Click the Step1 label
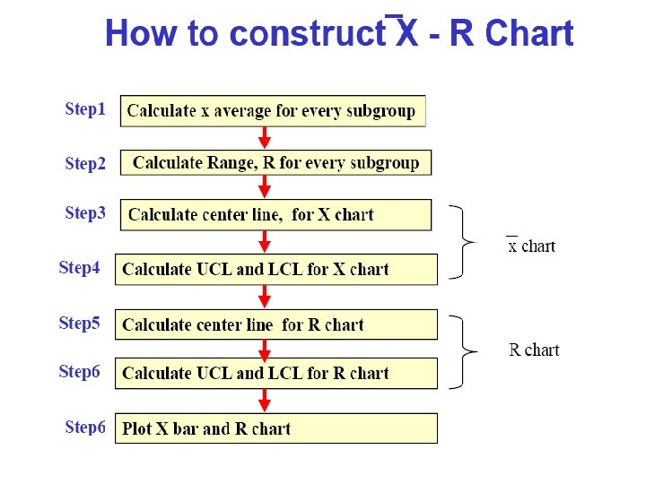(x=85, y=109)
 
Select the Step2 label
(x=85, y=164)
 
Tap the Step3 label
(x=85, y=213)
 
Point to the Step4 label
(x=79, y=268)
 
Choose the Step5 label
(x=79, y=323)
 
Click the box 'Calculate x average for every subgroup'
(x=273, y=111)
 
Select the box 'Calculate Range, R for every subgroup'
(x=275, y=162)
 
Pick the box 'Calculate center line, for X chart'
(x=275, y=214)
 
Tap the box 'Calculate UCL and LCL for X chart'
(x=275, y=269)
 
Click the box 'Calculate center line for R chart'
(x=275, y=324)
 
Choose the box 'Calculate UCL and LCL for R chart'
(x=275, y=373)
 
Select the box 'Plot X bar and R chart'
(x=275, y=428)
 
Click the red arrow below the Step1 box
(x=264, y=137)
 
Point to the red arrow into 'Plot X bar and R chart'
(x=264, y=401)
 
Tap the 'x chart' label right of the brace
(x=531, y=246)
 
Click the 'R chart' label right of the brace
(x=534, y=350)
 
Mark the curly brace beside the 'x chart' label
(x=465, y=241)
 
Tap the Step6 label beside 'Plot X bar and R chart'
(x=85, y=428)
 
